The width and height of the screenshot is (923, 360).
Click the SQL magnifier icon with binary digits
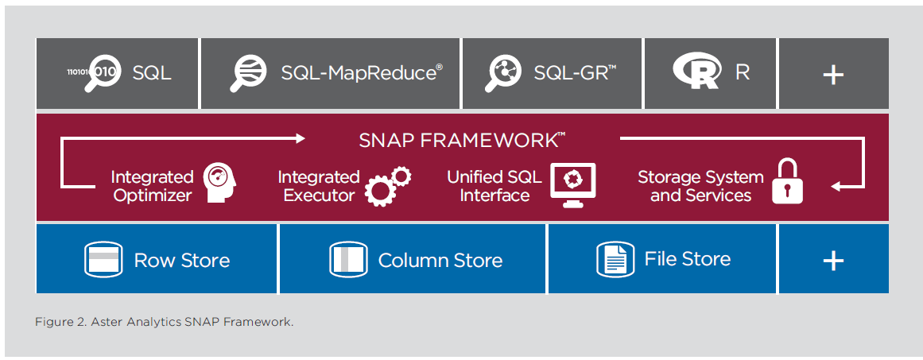point(93,74)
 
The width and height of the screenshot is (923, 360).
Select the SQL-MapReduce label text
point(362,73)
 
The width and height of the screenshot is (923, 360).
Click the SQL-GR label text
point(575,73)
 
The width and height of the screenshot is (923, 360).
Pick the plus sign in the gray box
point(833,75)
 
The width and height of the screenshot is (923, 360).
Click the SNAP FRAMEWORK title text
point(462,140)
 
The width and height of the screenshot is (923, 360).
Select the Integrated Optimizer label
point(153,186)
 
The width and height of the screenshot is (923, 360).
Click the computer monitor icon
point(572,184)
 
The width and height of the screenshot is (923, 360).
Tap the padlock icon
point(787,182)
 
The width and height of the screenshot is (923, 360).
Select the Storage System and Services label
point(700,186)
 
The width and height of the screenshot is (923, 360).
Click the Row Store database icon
point(103,260)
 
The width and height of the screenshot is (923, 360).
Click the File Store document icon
point(615,259)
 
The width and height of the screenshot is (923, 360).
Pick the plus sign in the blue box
point(833,260)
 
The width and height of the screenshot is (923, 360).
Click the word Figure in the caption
point(50,323)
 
